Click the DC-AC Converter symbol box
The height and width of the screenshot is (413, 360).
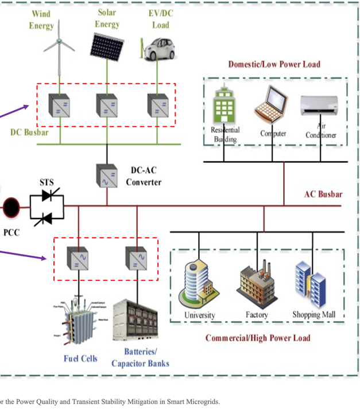107,176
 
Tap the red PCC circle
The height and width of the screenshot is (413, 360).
11,206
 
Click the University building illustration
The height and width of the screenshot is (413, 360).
199,283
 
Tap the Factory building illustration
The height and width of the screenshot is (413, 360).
257,286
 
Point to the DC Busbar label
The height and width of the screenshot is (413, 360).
29,133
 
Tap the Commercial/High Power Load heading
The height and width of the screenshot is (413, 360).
258,337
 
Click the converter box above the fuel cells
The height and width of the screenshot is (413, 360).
78,258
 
